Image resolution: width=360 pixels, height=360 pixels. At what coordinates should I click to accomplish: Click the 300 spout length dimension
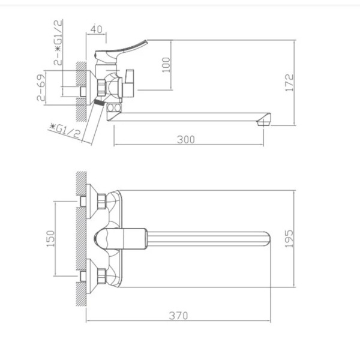click(186, 140)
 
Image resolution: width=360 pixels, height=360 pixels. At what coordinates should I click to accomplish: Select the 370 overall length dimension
click(178, 316)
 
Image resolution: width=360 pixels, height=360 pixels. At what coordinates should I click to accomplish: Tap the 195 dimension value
click(289, 239)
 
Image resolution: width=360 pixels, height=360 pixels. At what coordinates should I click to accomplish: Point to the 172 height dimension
click(290, 83)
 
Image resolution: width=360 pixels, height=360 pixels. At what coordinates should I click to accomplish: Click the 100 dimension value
click(166, 65)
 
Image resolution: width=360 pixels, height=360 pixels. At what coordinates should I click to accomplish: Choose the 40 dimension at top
click(97, 29)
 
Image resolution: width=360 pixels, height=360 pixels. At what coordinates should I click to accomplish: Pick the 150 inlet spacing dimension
click(51, 239)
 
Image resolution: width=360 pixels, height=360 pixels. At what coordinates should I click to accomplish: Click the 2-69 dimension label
click(41, 87)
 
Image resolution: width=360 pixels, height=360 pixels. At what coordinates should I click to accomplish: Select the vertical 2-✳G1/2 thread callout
click(58, 42)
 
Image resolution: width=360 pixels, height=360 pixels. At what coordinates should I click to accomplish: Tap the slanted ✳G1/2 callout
click(65, 131)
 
